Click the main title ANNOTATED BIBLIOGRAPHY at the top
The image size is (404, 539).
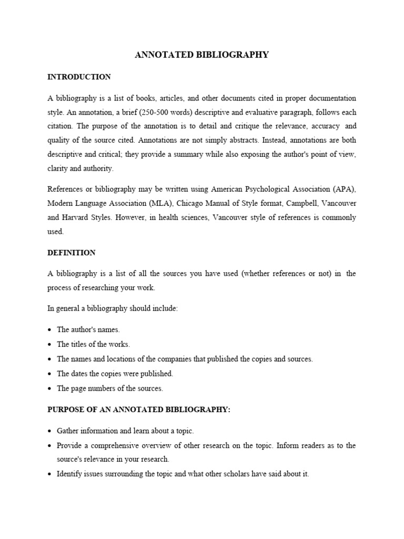(202, 55)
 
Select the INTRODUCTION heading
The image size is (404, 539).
(79, 77)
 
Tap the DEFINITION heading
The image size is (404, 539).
(72, 253)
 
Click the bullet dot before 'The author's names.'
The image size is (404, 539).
(50, 330)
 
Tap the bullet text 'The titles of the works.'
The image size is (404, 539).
(93, 344)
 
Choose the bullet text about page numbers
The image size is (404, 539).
(110, 388)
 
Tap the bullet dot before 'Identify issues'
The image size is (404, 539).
(50, 474)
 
